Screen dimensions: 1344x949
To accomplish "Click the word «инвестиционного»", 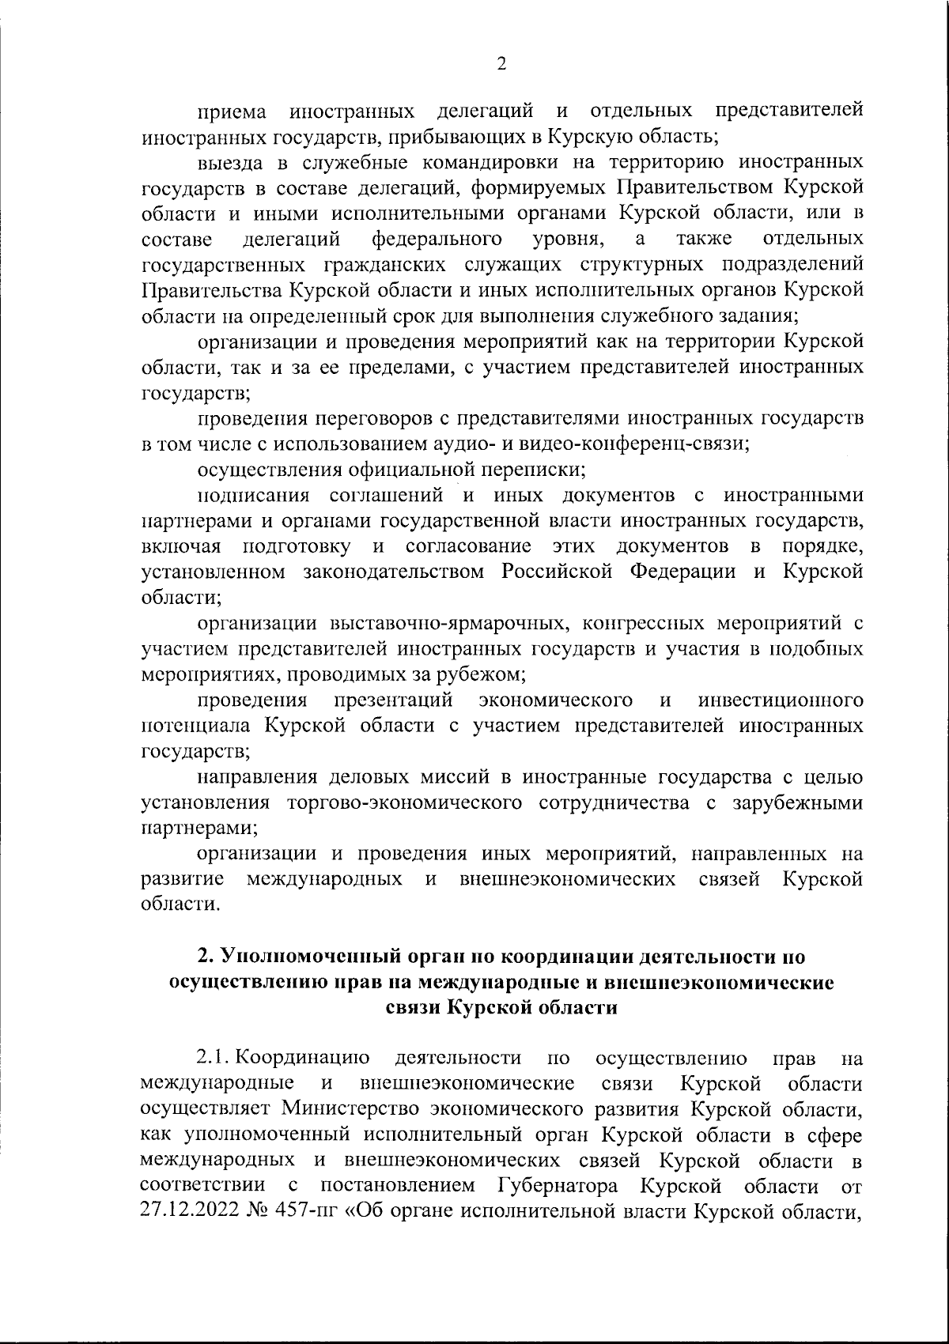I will [x=780, y=700].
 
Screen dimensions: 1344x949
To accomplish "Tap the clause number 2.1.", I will [x=214, y=1059].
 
